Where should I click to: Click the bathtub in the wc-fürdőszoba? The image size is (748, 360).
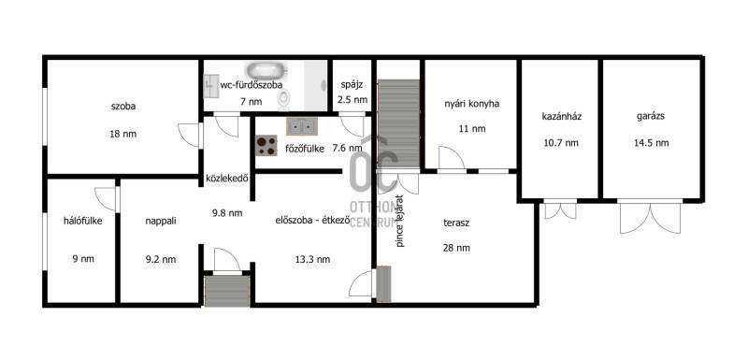coord(266,70)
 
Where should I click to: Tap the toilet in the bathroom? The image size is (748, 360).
coord(284,99)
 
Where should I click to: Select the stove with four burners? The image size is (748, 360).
coord(266,146)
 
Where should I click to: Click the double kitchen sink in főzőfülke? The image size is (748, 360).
coord(301,126)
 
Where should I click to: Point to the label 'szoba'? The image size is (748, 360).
coord(123,107)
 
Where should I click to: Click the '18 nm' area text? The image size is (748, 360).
coord(123,134)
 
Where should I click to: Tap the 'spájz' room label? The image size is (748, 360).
coord(352,86)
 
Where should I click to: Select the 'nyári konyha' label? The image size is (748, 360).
coord(471,104)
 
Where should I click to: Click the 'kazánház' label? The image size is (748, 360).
coord(562,116)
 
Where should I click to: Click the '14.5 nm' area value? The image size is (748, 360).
coord(652,142)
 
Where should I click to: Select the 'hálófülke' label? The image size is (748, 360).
coord(83,221)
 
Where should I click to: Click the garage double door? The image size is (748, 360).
coord(651,217)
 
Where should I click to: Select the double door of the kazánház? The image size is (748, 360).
coord(560,209)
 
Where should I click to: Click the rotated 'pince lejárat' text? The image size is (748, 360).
coord(400,221)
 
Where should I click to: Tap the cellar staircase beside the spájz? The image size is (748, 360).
coord(398,123)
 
